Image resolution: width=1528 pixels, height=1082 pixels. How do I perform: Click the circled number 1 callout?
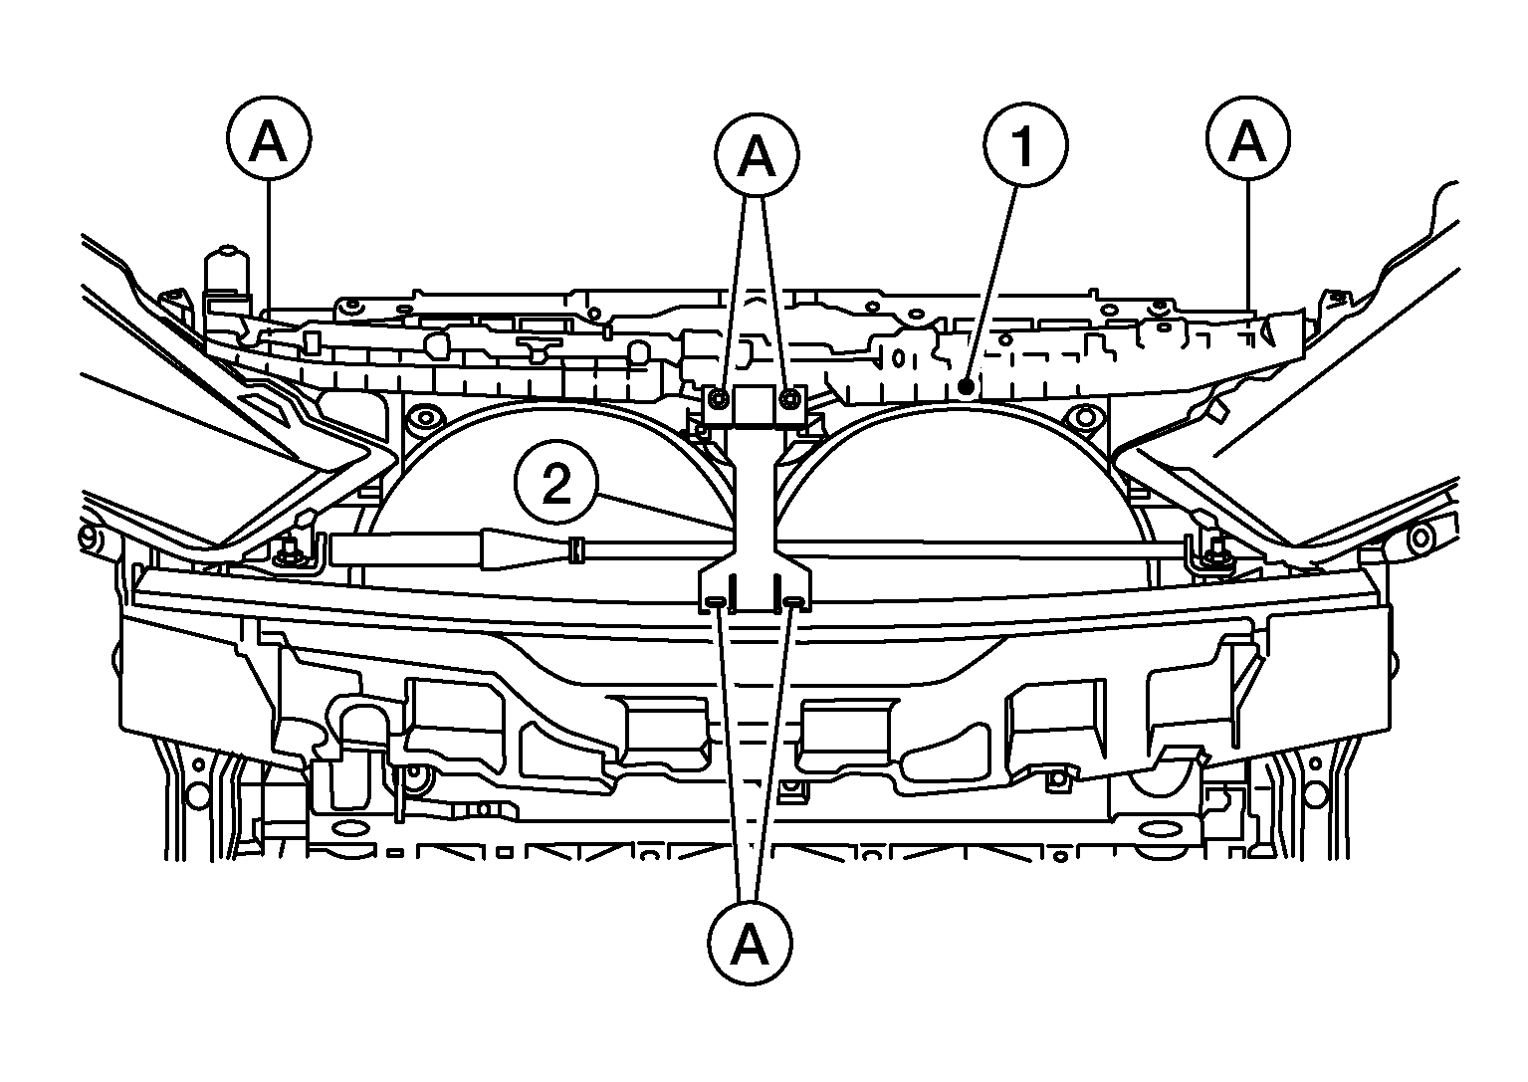tap(1025, 144)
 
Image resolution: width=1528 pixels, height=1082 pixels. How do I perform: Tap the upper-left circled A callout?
tap(269, 138)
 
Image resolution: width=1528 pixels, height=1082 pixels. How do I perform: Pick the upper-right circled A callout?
tap(1247, 138)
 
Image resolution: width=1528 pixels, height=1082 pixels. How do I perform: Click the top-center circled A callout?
tap(757, 155)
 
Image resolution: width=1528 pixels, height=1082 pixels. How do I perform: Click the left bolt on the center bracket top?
tap(716, 398)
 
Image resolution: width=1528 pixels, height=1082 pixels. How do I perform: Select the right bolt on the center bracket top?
tap(789, 398)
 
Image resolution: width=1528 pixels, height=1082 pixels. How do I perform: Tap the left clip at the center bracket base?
tap(715, 601)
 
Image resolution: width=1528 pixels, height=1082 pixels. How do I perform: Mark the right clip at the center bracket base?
tap(793, 601)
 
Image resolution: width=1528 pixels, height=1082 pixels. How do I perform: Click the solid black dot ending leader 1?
tap(966, 388)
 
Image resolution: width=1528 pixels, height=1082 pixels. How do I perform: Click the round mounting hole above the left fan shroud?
tap(425, 416)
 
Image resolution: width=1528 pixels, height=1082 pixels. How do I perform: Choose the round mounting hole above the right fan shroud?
tap(1083, 416)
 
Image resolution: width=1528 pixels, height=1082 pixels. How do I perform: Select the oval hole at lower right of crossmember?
tap(1159, 829)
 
